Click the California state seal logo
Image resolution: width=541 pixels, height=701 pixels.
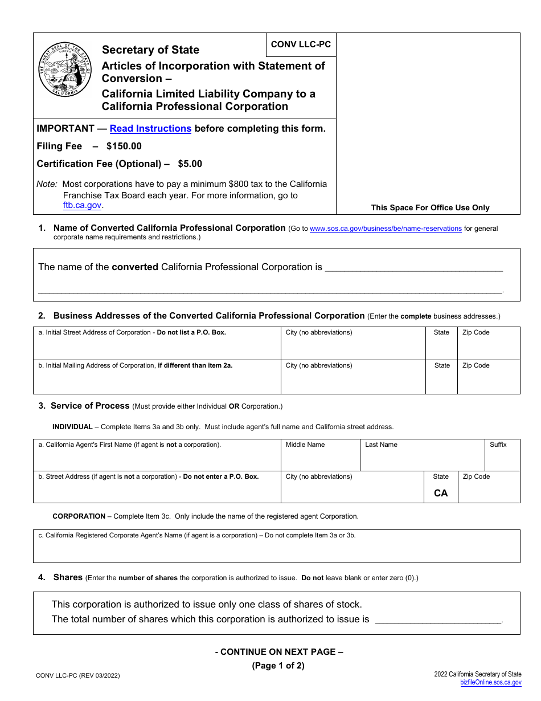point(65,70)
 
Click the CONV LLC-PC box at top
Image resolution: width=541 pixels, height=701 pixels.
point(301,44)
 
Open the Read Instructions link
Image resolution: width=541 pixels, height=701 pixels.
point(150,129)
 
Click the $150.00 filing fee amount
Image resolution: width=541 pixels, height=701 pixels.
point(124,146)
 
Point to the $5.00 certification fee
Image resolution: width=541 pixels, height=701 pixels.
point(190,164)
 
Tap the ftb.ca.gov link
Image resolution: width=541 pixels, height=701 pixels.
point(82,206)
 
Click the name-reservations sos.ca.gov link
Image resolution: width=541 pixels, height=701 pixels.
point(386,229)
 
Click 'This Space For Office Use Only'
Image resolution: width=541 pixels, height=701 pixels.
point(430,208)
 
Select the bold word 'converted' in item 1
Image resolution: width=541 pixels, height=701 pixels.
point(135,267)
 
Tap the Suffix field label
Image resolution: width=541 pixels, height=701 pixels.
point(498,445)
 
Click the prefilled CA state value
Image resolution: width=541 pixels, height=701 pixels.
point(441,494)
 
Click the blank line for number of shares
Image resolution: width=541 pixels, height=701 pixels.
point(438,620)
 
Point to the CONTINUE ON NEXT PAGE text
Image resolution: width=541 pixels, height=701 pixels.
point(279,652)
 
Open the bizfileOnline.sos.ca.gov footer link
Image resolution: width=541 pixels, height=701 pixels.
point(490,682)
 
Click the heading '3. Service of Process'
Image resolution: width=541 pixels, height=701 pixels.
point(90,406)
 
